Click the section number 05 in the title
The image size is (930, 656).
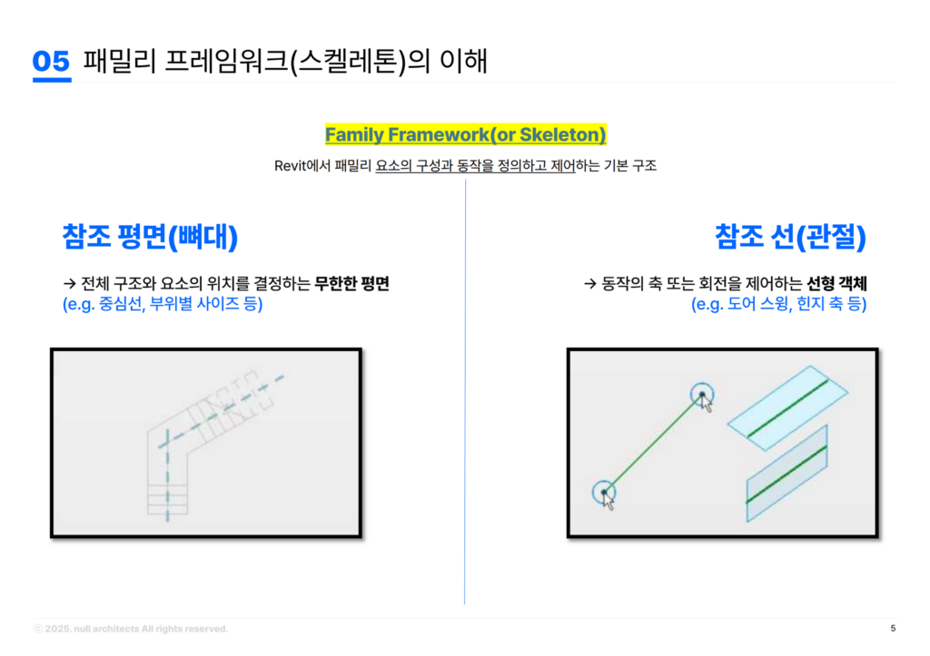click(51, 61)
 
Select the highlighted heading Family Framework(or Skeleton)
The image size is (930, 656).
click(465, 135)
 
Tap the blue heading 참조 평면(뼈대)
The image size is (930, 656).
click(150, 237)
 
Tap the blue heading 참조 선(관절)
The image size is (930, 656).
click(790, 237)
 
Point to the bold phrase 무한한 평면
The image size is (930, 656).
click(351, 284)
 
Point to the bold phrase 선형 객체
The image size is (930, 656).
click(836, 284)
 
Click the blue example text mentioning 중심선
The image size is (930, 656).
click(163, 305)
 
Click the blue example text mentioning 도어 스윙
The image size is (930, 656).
click(778, 305)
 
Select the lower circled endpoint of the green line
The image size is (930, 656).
click(604, 492)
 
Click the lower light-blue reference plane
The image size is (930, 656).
click(787, 473)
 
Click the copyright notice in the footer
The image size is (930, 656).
click(131, 628)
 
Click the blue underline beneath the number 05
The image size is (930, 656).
click(51, 80)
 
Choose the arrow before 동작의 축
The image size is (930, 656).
click(589, 284)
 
